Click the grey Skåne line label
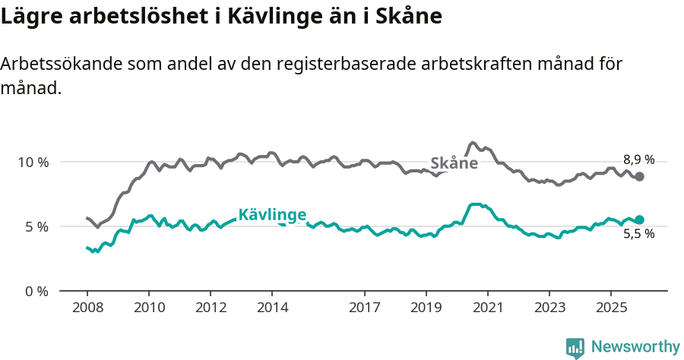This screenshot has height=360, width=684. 454,163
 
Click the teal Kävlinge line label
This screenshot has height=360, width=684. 272,214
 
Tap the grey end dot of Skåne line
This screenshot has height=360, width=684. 639,176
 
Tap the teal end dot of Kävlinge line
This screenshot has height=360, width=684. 639,219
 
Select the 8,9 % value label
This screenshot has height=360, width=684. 638,159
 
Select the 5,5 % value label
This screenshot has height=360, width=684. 638,234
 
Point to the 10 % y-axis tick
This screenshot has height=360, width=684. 33,162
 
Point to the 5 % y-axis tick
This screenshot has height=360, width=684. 37,226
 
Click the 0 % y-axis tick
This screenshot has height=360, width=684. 37,291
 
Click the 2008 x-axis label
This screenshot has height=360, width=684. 87,308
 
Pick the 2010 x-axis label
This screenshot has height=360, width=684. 149,308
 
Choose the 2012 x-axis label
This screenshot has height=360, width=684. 211,308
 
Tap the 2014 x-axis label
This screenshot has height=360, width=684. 272,308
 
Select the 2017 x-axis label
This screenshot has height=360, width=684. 364,308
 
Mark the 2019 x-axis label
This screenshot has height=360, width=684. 426,308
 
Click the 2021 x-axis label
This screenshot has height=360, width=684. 487,308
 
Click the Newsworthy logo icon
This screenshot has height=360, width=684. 575,348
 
